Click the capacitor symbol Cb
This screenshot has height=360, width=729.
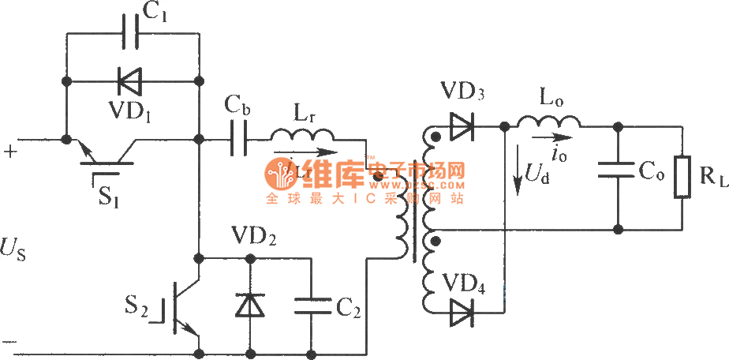239,141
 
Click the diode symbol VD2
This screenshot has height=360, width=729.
250,304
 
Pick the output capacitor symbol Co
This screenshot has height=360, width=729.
619,169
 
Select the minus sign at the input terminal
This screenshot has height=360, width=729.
10,342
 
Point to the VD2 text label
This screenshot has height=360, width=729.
252,236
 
